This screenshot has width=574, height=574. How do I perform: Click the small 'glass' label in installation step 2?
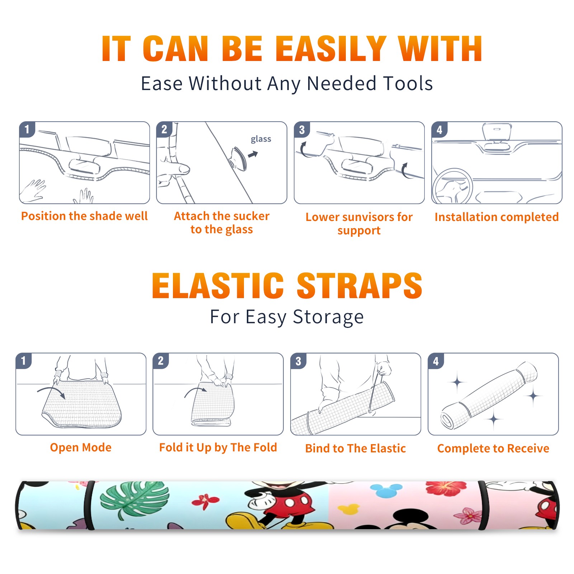click(x=261, y=139)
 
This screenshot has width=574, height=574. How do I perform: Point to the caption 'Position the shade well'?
click(x=84, y=216)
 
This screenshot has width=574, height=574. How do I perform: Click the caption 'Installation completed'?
click(x=497, y=217)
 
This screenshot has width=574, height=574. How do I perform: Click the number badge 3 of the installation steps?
click(x=302, y=130)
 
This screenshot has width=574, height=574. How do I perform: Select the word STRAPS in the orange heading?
click(x=359, y=286)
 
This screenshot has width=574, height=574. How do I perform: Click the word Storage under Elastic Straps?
click(x=328, y=317)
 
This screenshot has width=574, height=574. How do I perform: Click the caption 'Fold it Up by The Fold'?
click(x=218, y=447)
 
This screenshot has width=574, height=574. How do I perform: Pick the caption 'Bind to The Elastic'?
click(x=356, y=448)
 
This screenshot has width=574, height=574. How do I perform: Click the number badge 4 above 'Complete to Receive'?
click(x=436, y=361)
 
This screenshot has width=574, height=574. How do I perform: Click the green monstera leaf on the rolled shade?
click(x=134, y=499)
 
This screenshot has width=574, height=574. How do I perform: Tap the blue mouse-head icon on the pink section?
click(x=386, y=490)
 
